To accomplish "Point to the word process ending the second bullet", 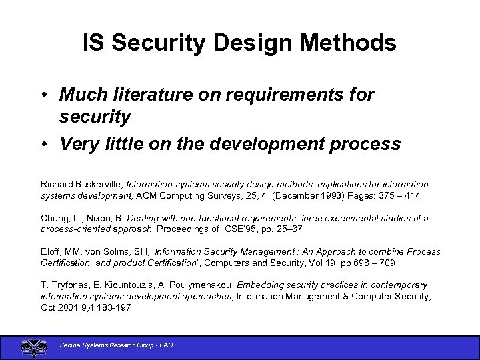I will [x=366, y=144].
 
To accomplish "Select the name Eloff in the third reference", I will [x=51, y=252].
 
